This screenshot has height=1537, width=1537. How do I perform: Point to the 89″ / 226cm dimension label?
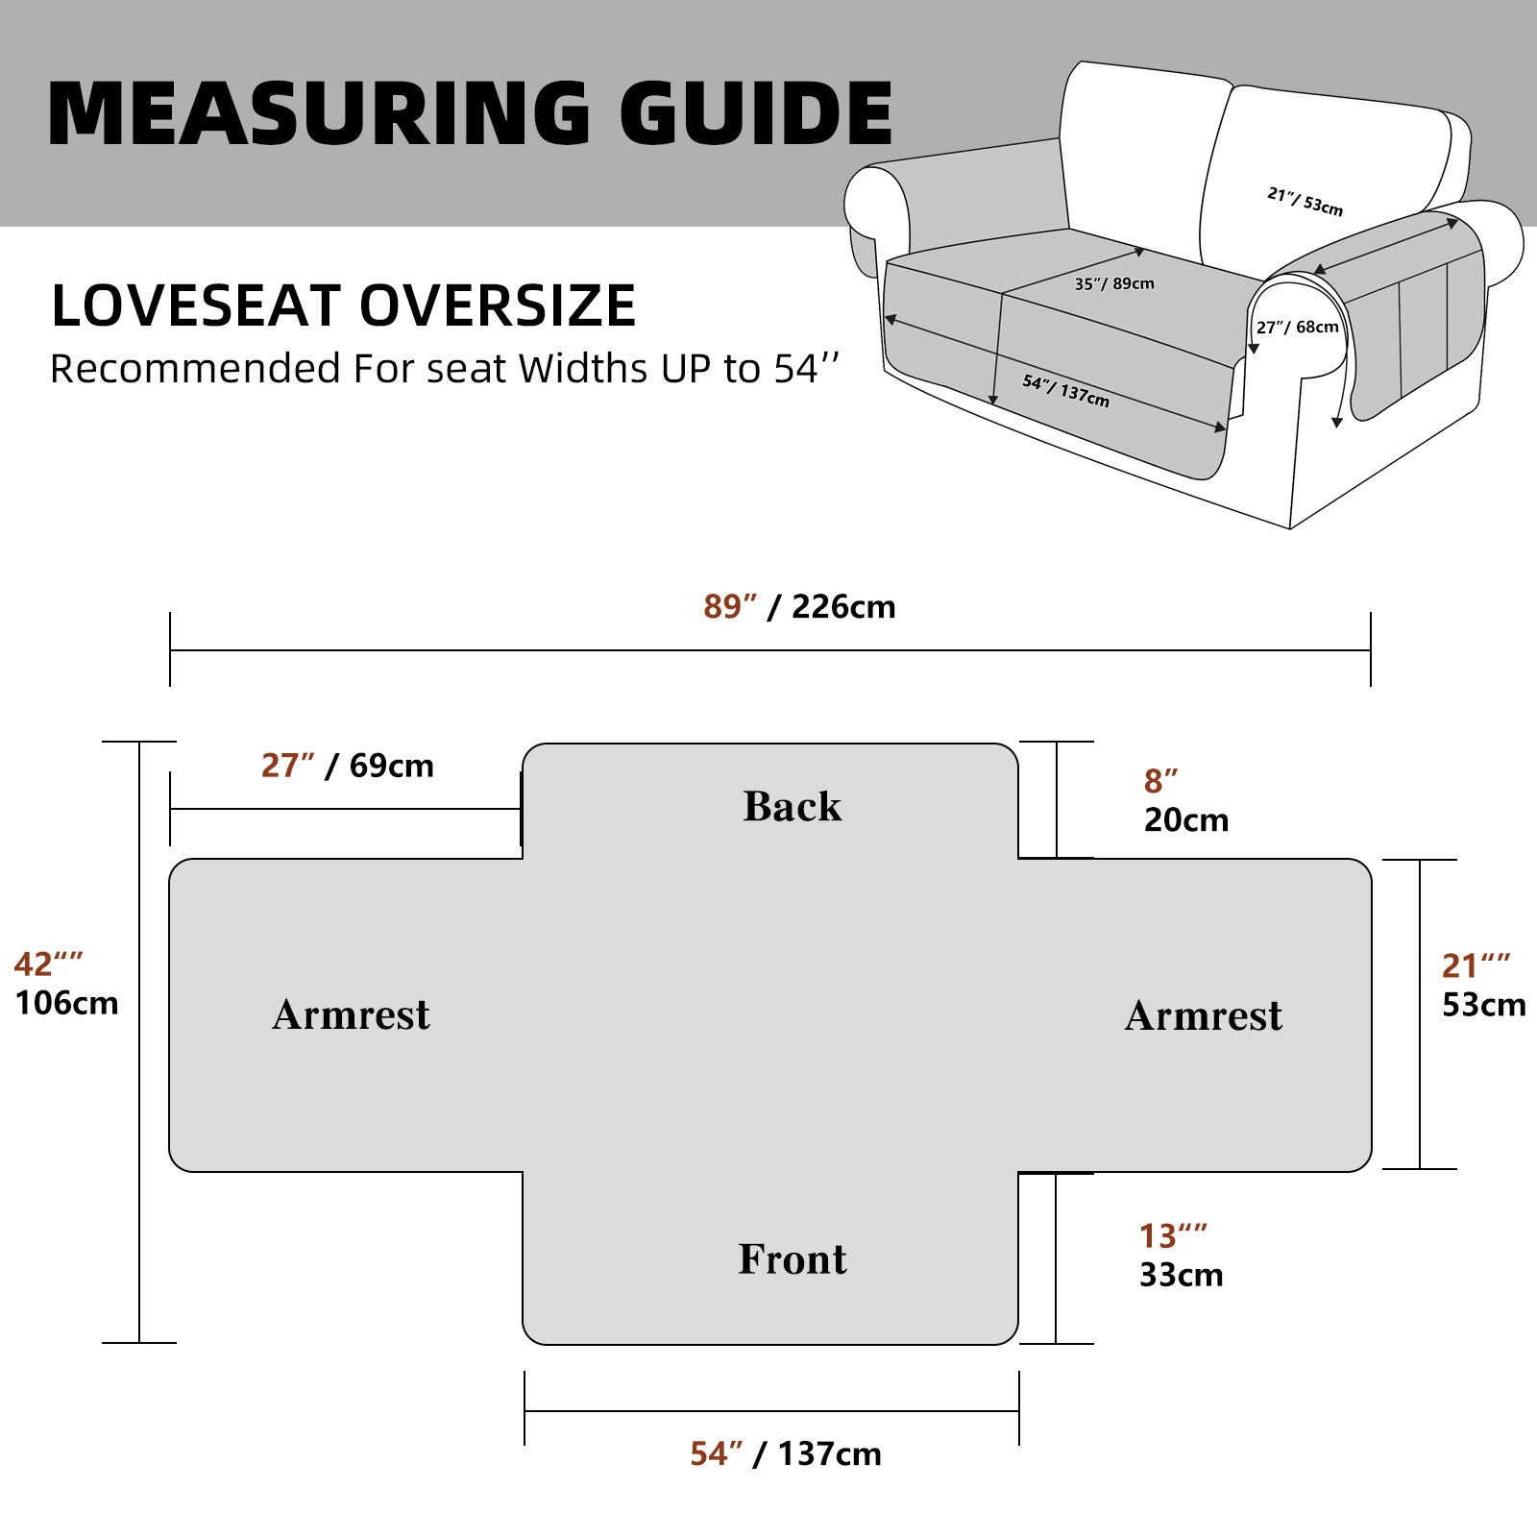pos(799,607)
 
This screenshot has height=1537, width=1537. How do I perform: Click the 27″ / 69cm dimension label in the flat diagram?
pos(348,766)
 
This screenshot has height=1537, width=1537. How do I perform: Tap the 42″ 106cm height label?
pos(65,984)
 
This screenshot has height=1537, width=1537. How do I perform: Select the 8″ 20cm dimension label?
pos(1185,801)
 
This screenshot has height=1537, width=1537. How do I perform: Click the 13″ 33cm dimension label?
pos(1181,1256)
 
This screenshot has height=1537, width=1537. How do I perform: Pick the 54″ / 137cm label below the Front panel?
pos(786,1454)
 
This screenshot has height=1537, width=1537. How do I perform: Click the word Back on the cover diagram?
pos(793,807)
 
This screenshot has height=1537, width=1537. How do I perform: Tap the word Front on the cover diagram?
pos(793,1259)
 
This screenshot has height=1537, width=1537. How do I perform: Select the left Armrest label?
pos(351,1015)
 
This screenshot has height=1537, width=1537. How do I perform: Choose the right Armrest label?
pos(1204,1016)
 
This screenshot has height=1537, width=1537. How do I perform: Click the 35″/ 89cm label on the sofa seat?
pos(1114,283)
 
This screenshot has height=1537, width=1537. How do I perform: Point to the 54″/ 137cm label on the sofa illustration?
pos(1065,391)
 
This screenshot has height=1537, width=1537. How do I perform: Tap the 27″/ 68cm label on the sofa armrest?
pos(1297,328)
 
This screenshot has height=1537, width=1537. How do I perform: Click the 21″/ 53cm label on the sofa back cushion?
pos(1305,202)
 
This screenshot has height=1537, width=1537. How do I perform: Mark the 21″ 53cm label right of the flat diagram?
pos(1483,986)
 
